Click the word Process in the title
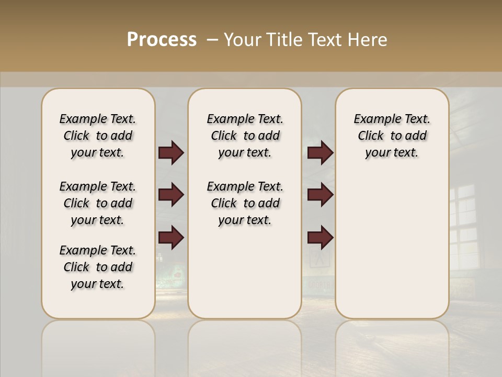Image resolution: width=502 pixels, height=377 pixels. (x=162, y=40)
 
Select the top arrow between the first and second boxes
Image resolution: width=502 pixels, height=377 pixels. (x=171, y=153)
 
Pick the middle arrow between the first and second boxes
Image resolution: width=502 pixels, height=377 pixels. (x=171, y=195)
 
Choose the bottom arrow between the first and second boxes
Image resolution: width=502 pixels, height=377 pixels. (x=171, y=237)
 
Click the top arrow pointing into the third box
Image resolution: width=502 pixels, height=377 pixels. (x=320, y=153)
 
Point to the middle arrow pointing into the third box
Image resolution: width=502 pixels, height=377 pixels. (x=320, y=195)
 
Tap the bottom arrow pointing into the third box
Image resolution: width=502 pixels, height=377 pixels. (x=320, y=237)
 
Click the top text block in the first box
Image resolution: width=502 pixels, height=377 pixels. (x=98, y=136)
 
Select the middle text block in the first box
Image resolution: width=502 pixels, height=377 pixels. (x=98, y=203)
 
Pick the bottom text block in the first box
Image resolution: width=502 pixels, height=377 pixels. (x=98, y=267)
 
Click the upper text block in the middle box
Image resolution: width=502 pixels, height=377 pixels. (x=245, y=136)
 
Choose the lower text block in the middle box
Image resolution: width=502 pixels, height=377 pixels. (x=245, y=203)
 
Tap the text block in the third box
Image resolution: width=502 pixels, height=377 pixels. (x=392, y=136)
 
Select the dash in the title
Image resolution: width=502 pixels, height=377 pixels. (x=212, y=40)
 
